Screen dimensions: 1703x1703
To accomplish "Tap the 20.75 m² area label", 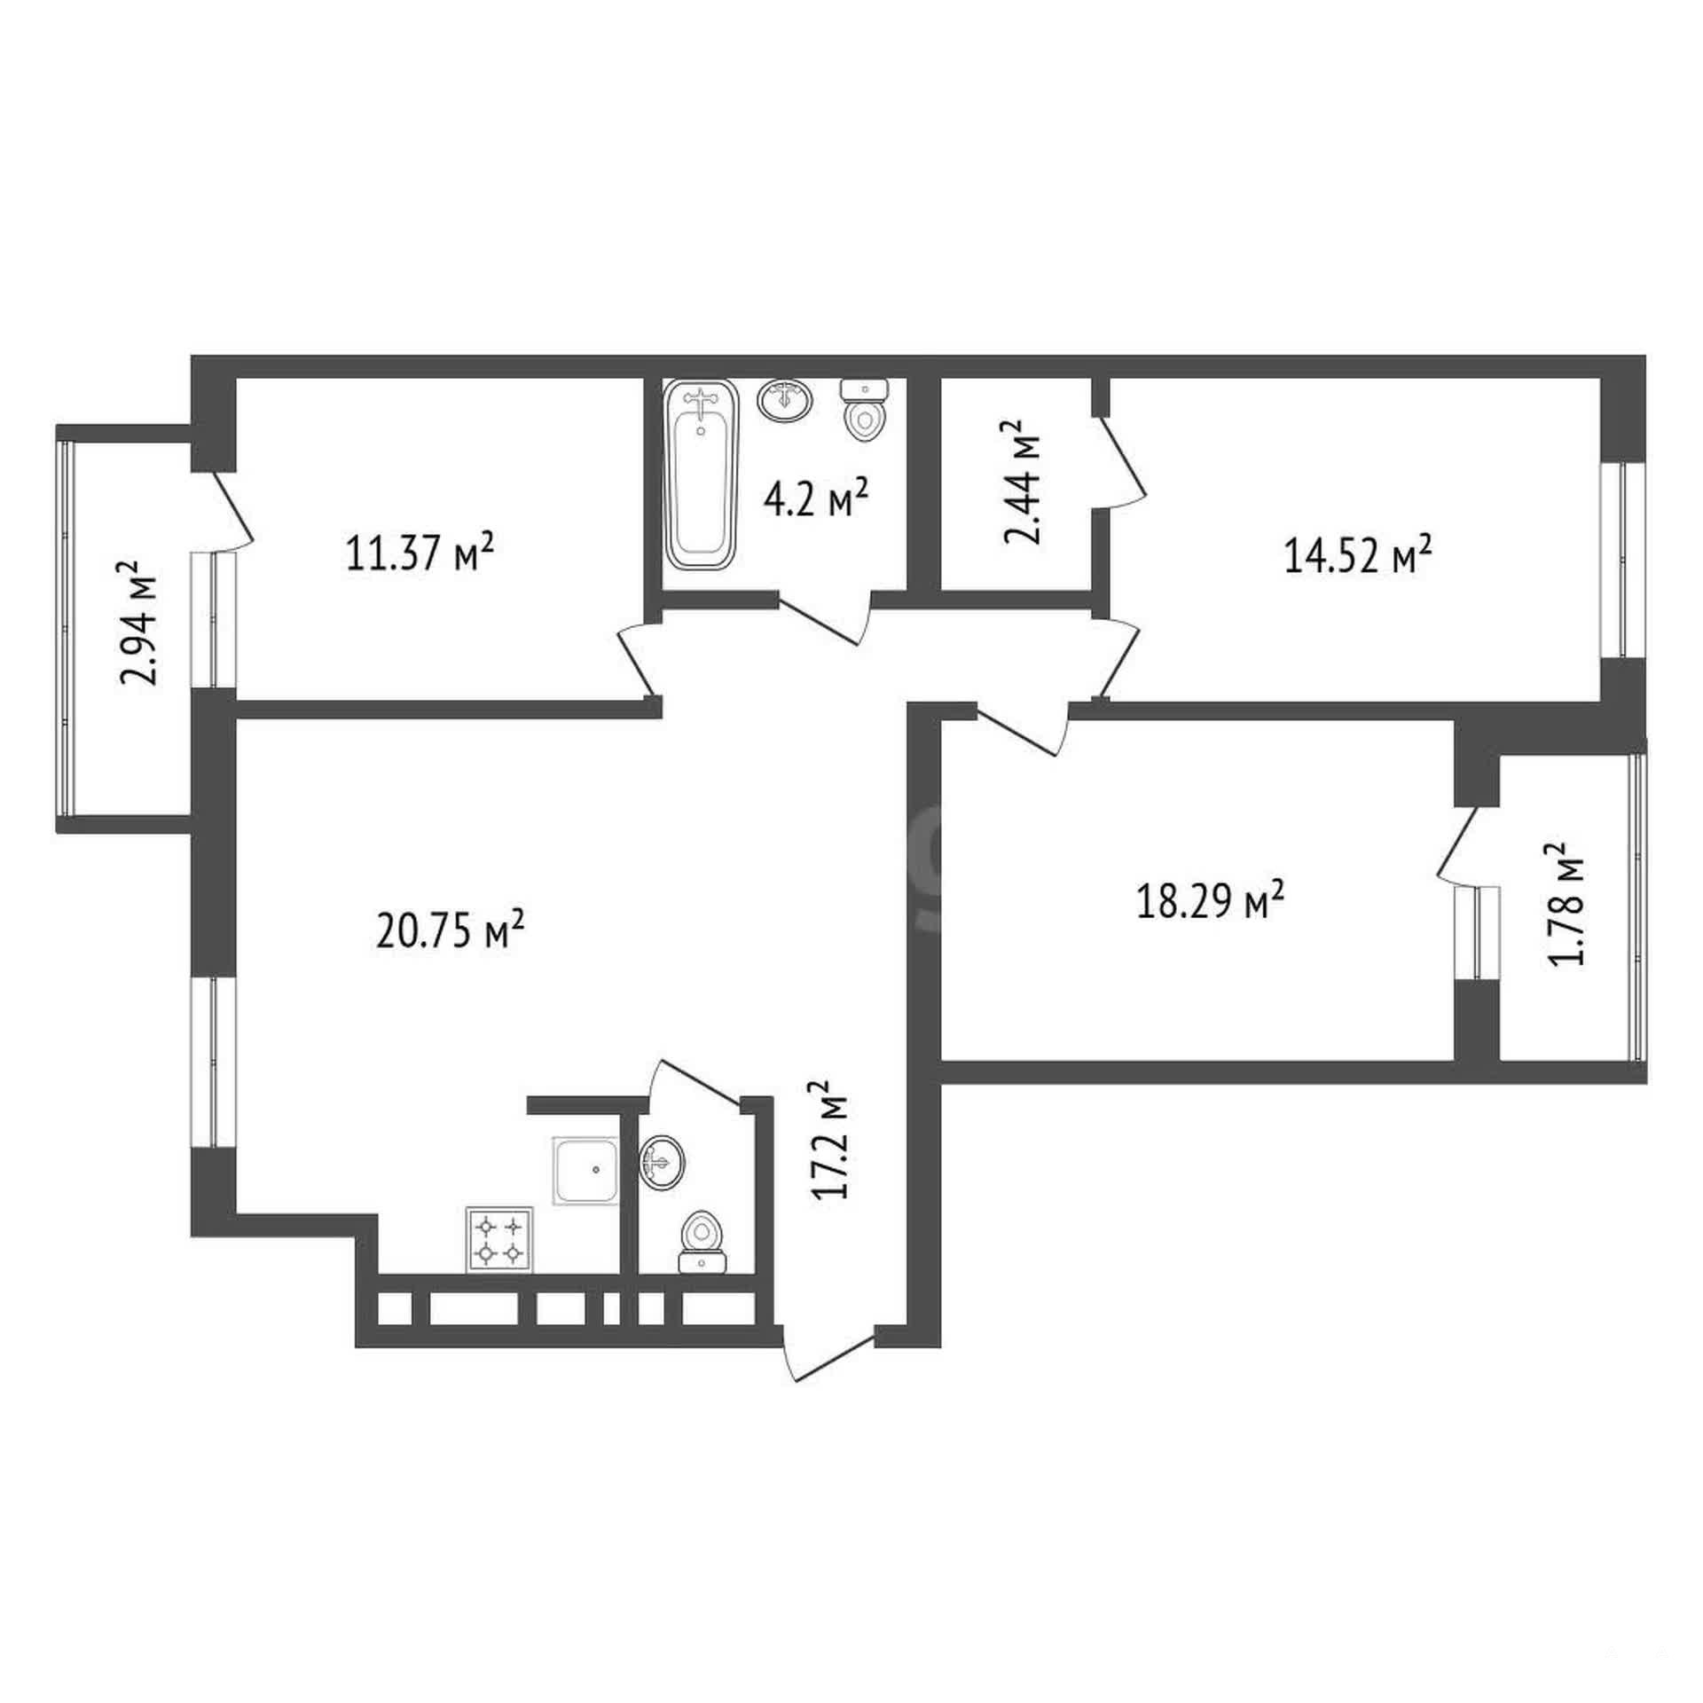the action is pyautogui.click(x=450, y=930).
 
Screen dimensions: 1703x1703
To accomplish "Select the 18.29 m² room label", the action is pyautogui.click(x=1210, y=903).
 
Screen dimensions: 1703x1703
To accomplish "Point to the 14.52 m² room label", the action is pyautogui.click(x=1358, y=556).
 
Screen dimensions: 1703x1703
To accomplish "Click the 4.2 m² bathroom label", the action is pyautogui.click(x=815, y=500).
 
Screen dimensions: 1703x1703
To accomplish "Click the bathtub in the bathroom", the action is pyautogui.click(x=702, y=475).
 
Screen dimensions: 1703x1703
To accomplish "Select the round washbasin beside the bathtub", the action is pyautogui.click(x=785, y=399).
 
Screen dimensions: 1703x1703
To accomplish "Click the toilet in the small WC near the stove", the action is pyautogui.click(x=702, y=1242).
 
